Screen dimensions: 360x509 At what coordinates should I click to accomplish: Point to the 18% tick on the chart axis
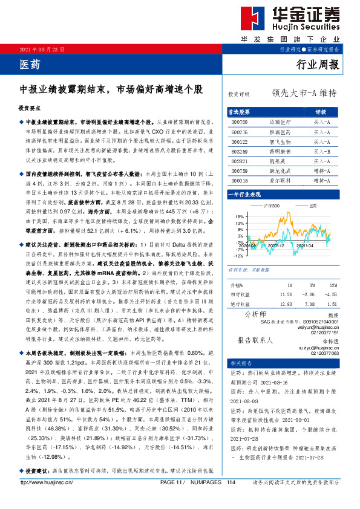pyautogui.click(x=240, y=216)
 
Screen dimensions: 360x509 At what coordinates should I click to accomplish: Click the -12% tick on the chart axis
pyautogui.click(x=239, y=256)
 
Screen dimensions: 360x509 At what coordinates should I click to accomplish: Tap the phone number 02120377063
pyautogui.click(x=326, y=353)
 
